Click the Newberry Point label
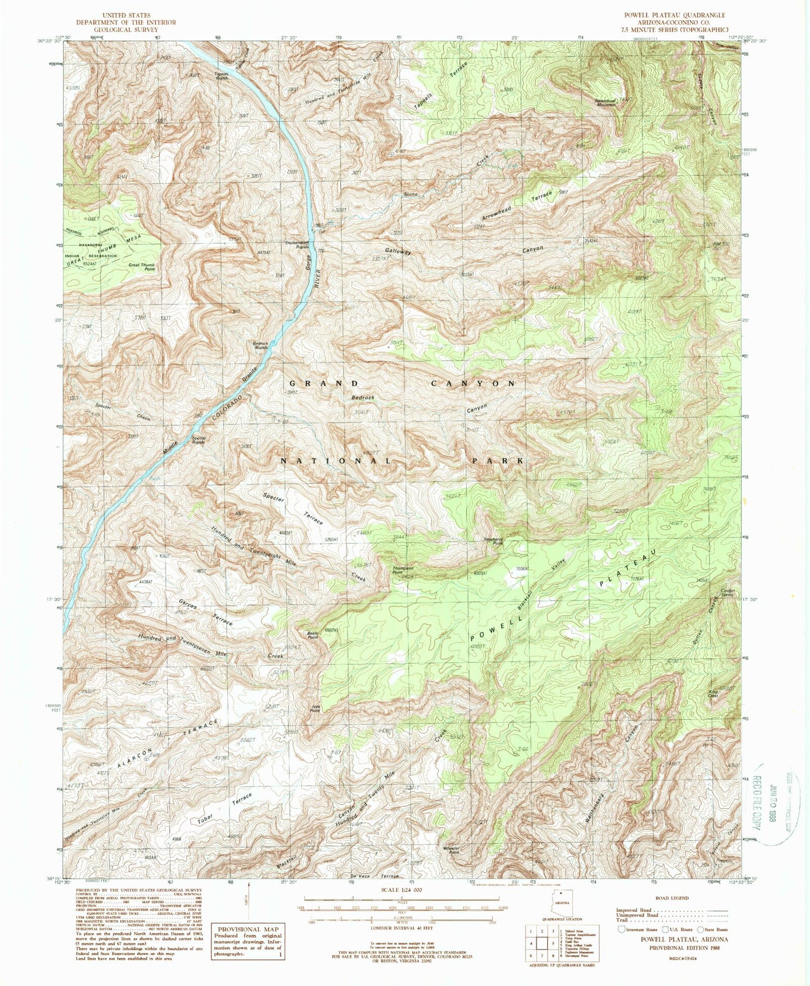(x=489, y=541)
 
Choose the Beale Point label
(x=312, y=635)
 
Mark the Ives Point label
(x=316, y=707)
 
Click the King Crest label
(x=713, y=694)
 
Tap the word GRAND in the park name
(x=324, y=383)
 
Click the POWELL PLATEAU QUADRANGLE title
(x=670, y=15)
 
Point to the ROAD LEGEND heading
(x=672, y=898)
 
